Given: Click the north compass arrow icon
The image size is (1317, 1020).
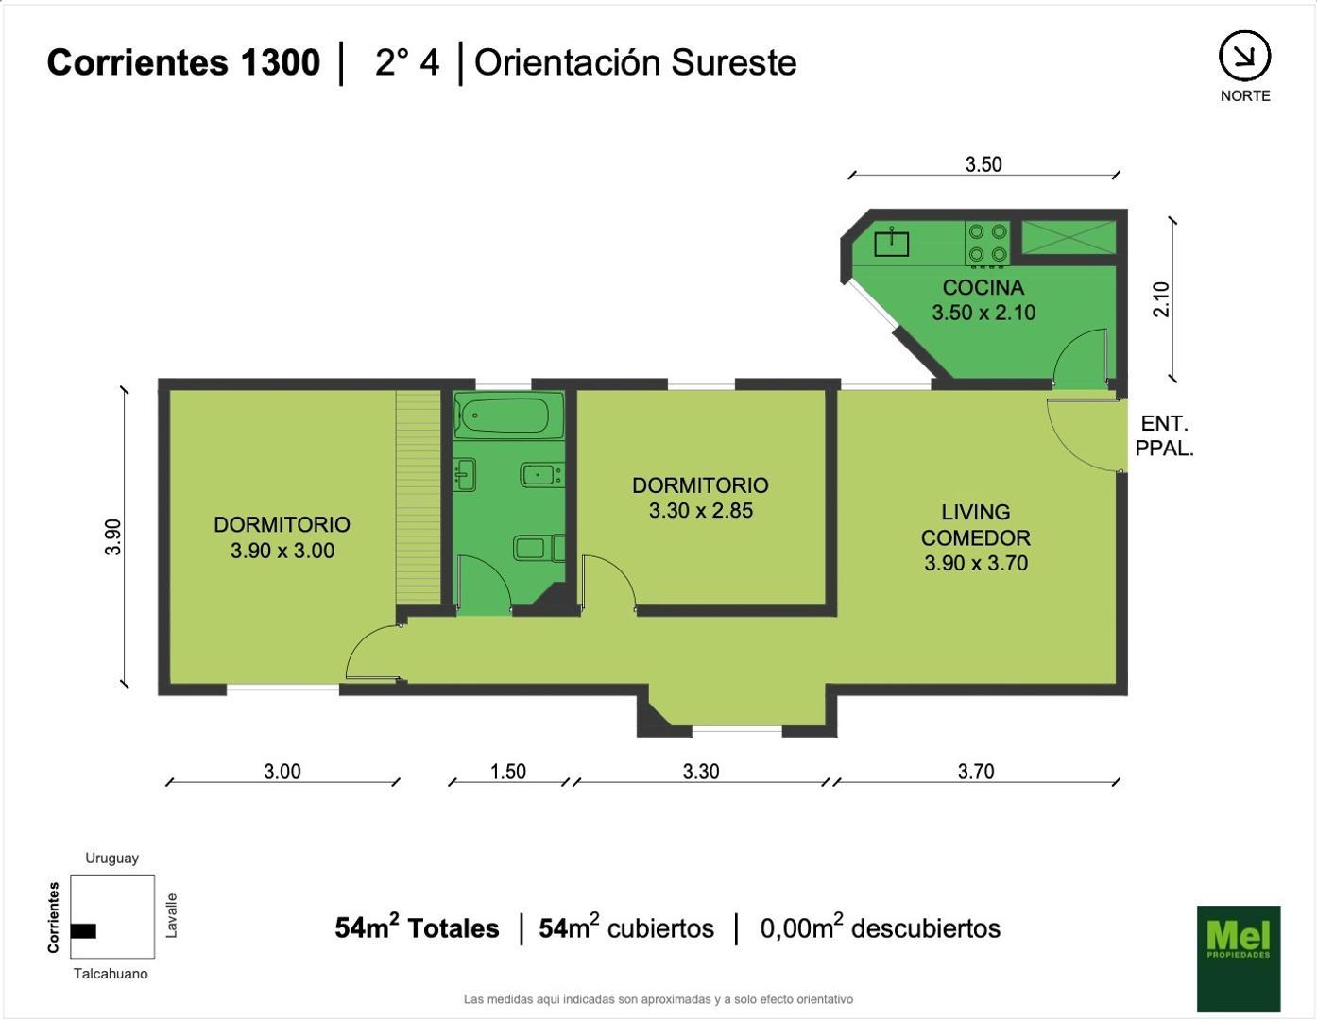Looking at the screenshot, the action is tap(1245, 56).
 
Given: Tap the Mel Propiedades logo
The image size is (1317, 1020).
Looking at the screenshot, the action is tap(1239, 959).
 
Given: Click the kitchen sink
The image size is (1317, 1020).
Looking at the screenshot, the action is tap(891, 243).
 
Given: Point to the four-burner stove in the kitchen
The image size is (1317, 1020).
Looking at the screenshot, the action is tap(988, 244).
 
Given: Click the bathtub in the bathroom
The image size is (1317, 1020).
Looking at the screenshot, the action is tap(508, 416).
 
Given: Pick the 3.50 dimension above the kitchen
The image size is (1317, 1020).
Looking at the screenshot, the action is tap(983, 164).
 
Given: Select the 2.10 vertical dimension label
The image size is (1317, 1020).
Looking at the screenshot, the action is tap(1161, 299).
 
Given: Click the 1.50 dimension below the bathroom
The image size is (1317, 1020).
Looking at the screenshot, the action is tap(508, 772).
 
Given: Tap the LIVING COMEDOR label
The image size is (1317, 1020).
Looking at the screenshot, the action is tap(976, 538).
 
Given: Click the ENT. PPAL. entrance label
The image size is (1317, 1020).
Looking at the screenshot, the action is tap(1164, 435).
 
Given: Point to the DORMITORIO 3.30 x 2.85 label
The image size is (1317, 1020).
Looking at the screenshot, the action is tap(701, 498).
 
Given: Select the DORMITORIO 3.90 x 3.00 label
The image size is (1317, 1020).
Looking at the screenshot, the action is tap(282, 537).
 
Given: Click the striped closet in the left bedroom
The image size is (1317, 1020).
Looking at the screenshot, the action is tap(419, 498).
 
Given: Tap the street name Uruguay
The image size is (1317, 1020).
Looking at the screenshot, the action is tap(111, 858).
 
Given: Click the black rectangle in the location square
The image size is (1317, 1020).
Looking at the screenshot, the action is tap(83, 931).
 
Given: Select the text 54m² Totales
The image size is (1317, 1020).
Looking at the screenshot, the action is tap(417, 926).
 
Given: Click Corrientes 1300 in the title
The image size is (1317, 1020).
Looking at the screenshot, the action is tap(183, 62).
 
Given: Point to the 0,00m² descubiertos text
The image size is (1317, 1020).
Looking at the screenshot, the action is tap(880, 926).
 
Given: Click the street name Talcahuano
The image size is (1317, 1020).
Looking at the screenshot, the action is tap(111, 974).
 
